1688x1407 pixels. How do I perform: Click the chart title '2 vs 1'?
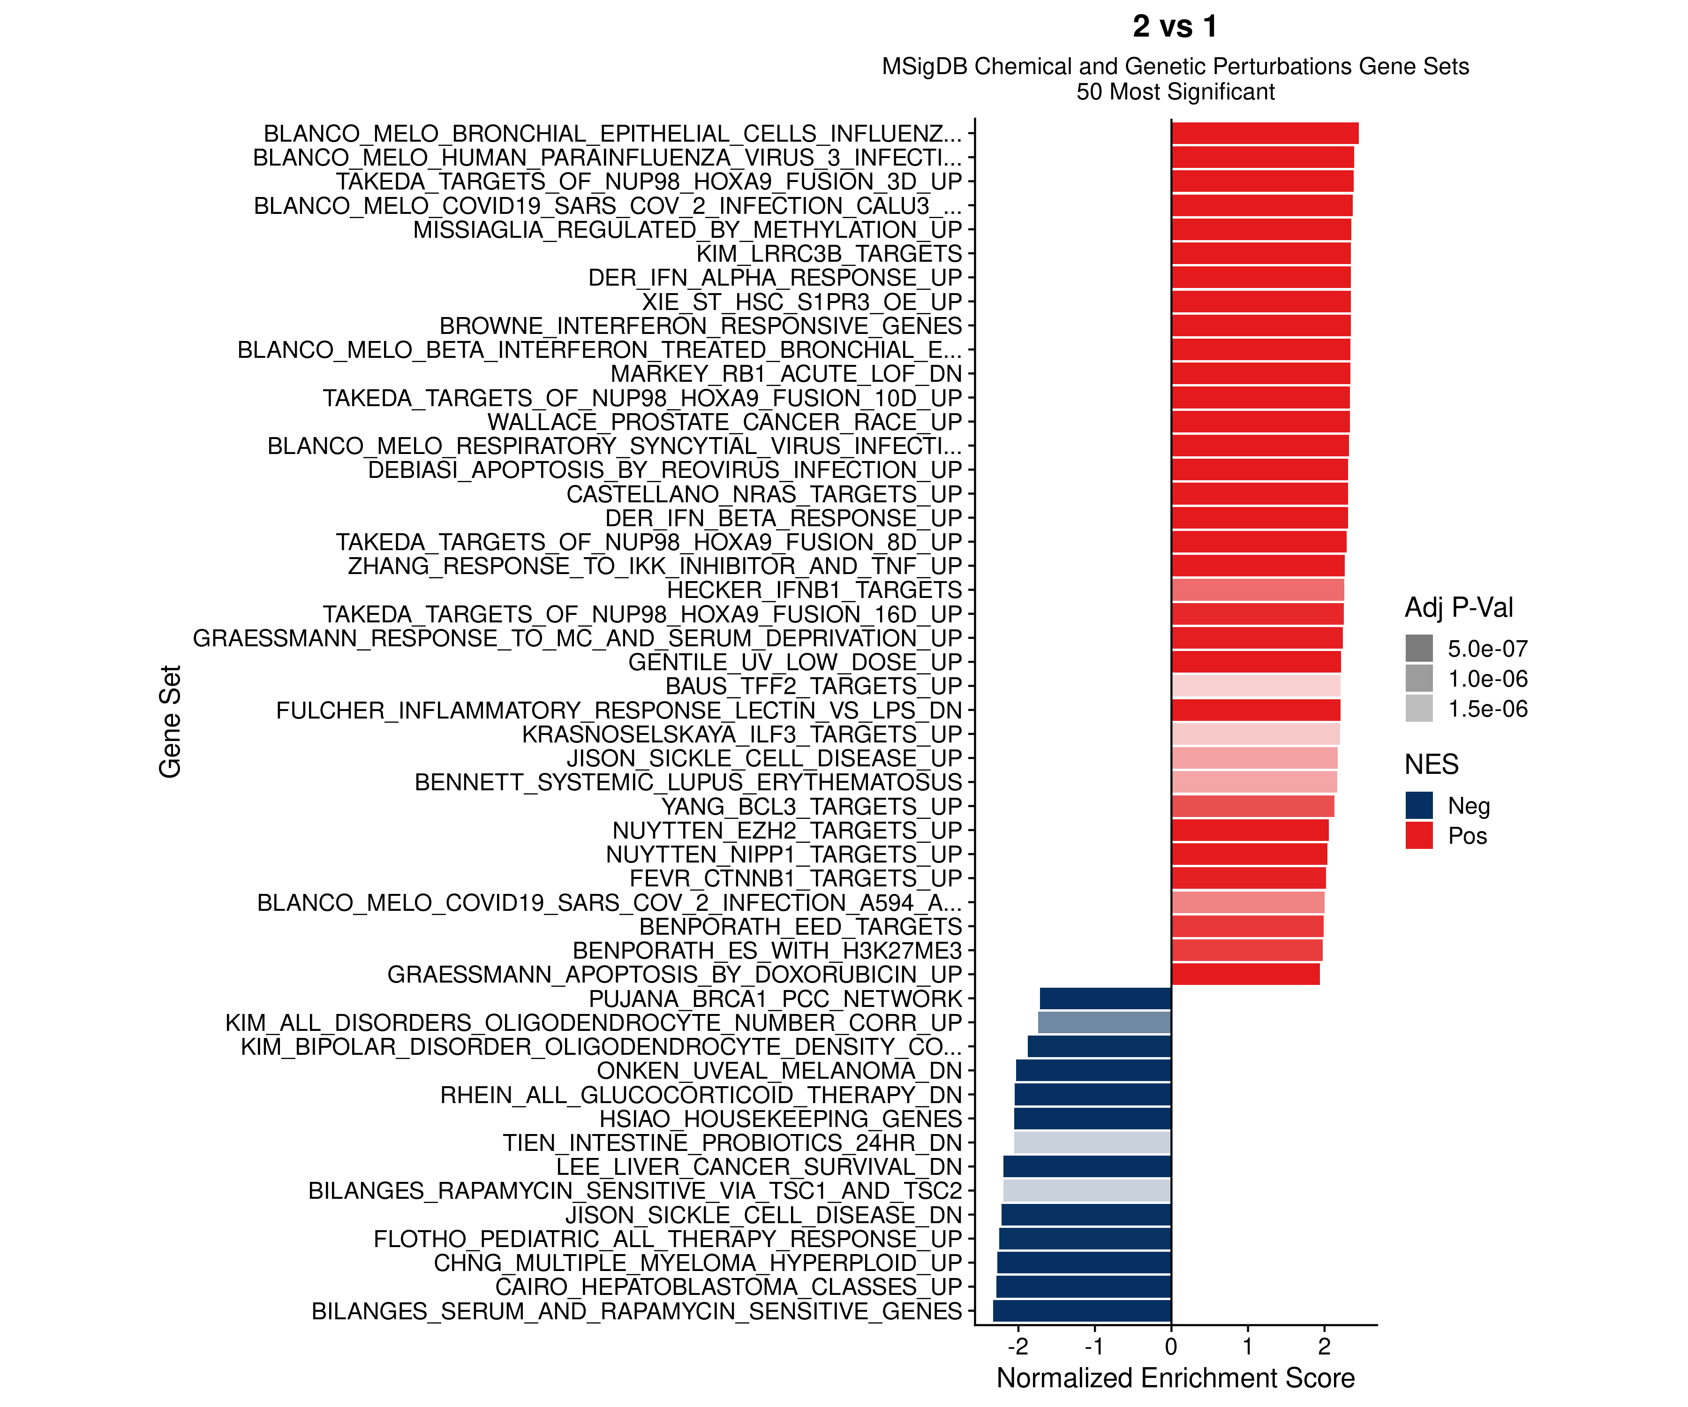(x=1175, y=27)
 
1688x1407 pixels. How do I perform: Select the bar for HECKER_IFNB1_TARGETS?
(x=1257, y=590)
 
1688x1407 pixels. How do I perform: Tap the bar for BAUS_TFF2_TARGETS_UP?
(x=1256, y=686)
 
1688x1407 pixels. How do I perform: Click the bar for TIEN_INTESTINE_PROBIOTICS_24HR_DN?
(x=1093, y=1142)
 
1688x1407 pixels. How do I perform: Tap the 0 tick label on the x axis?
(x=1171, y=1346)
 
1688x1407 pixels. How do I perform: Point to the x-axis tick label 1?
(x=1248, y=1346)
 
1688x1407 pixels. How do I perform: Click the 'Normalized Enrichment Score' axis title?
(x=1175, y=1378)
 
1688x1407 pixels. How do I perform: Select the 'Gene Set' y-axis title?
(x=170, y=721)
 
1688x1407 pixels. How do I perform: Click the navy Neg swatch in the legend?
(x=1419, y=806)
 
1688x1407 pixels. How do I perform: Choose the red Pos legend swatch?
(x=1419, y=835)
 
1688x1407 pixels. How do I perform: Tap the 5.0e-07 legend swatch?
(x=1419, y=648)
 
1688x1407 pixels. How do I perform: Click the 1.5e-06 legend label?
(x=1487, y=709)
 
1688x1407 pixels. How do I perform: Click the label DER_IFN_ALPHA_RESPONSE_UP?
(x=775, y=278)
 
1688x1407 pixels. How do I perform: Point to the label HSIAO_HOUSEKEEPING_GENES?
(x=781, y=1119)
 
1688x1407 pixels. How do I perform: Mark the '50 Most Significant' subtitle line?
(x=1175, y=91)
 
